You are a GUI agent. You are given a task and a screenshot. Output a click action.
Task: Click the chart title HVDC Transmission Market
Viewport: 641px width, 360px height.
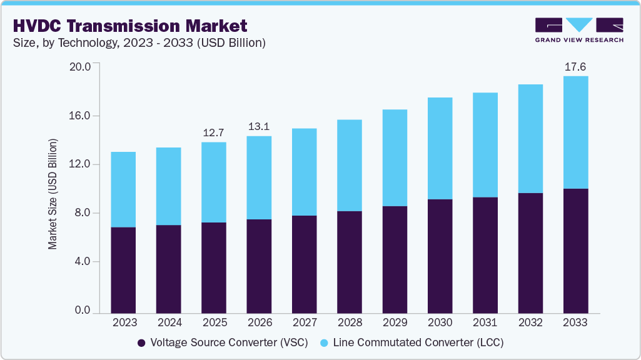129,26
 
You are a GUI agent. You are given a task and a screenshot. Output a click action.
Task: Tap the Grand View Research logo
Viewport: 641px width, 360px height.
579,29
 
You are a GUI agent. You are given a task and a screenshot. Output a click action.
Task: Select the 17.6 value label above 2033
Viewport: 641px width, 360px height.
575,66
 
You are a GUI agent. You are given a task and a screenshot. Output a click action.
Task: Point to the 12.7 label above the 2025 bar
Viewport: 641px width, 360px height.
214,132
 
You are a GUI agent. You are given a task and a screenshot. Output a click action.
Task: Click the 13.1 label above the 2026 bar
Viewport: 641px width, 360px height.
259,126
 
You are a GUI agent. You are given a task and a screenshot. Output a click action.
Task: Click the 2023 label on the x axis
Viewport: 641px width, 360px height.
123,323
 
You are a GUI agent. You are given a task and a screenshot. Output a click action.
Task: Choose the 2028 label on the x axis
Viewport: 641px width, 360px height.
349,323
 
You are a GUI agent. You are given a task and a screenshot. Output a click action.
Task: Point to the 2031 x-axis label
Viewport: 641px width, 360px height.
485,323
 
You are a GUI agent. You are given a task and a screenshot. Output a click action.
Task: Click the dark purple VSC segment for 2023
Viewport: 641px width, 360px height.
123,270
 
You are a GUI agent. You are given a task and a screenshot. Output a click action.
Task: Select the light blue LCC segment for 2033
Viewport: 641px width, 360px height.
575,132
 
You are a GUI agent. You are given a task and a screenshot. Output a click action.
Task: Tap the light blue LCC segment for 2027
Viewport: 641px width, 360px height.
304,172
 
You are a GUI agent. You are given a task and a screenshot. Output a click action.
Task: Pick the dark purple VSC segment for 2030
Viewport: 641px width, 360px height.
440,256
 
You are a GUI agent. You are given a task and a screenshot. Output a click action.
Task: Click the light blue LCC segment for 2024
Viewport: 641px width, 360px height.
168,186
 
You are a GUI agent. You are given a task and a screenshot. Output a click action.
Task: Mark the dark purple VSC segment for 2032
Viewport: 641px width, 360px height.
530,253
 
